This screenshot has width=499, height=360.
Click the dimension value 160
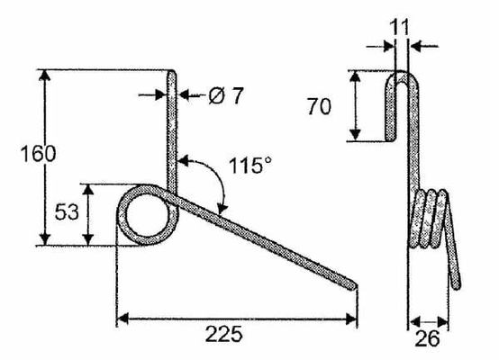point(38,154)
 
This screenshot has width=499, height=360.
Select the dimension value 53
point(67,212)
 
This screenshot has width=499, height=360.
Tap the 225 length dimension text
point(224,334)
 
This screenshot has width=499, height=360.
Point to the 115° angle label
point(250,166)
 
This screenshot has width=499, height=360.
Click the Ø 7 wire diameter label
point(226,95)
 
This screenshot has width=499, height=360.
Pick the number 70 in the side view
point(319,107)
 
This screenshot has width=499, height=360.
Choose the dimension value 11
point(398,27)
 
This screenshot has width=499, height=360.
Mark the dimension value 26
point(427,339)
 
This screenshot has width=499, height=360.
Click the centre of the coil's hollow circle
point(148,216)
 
